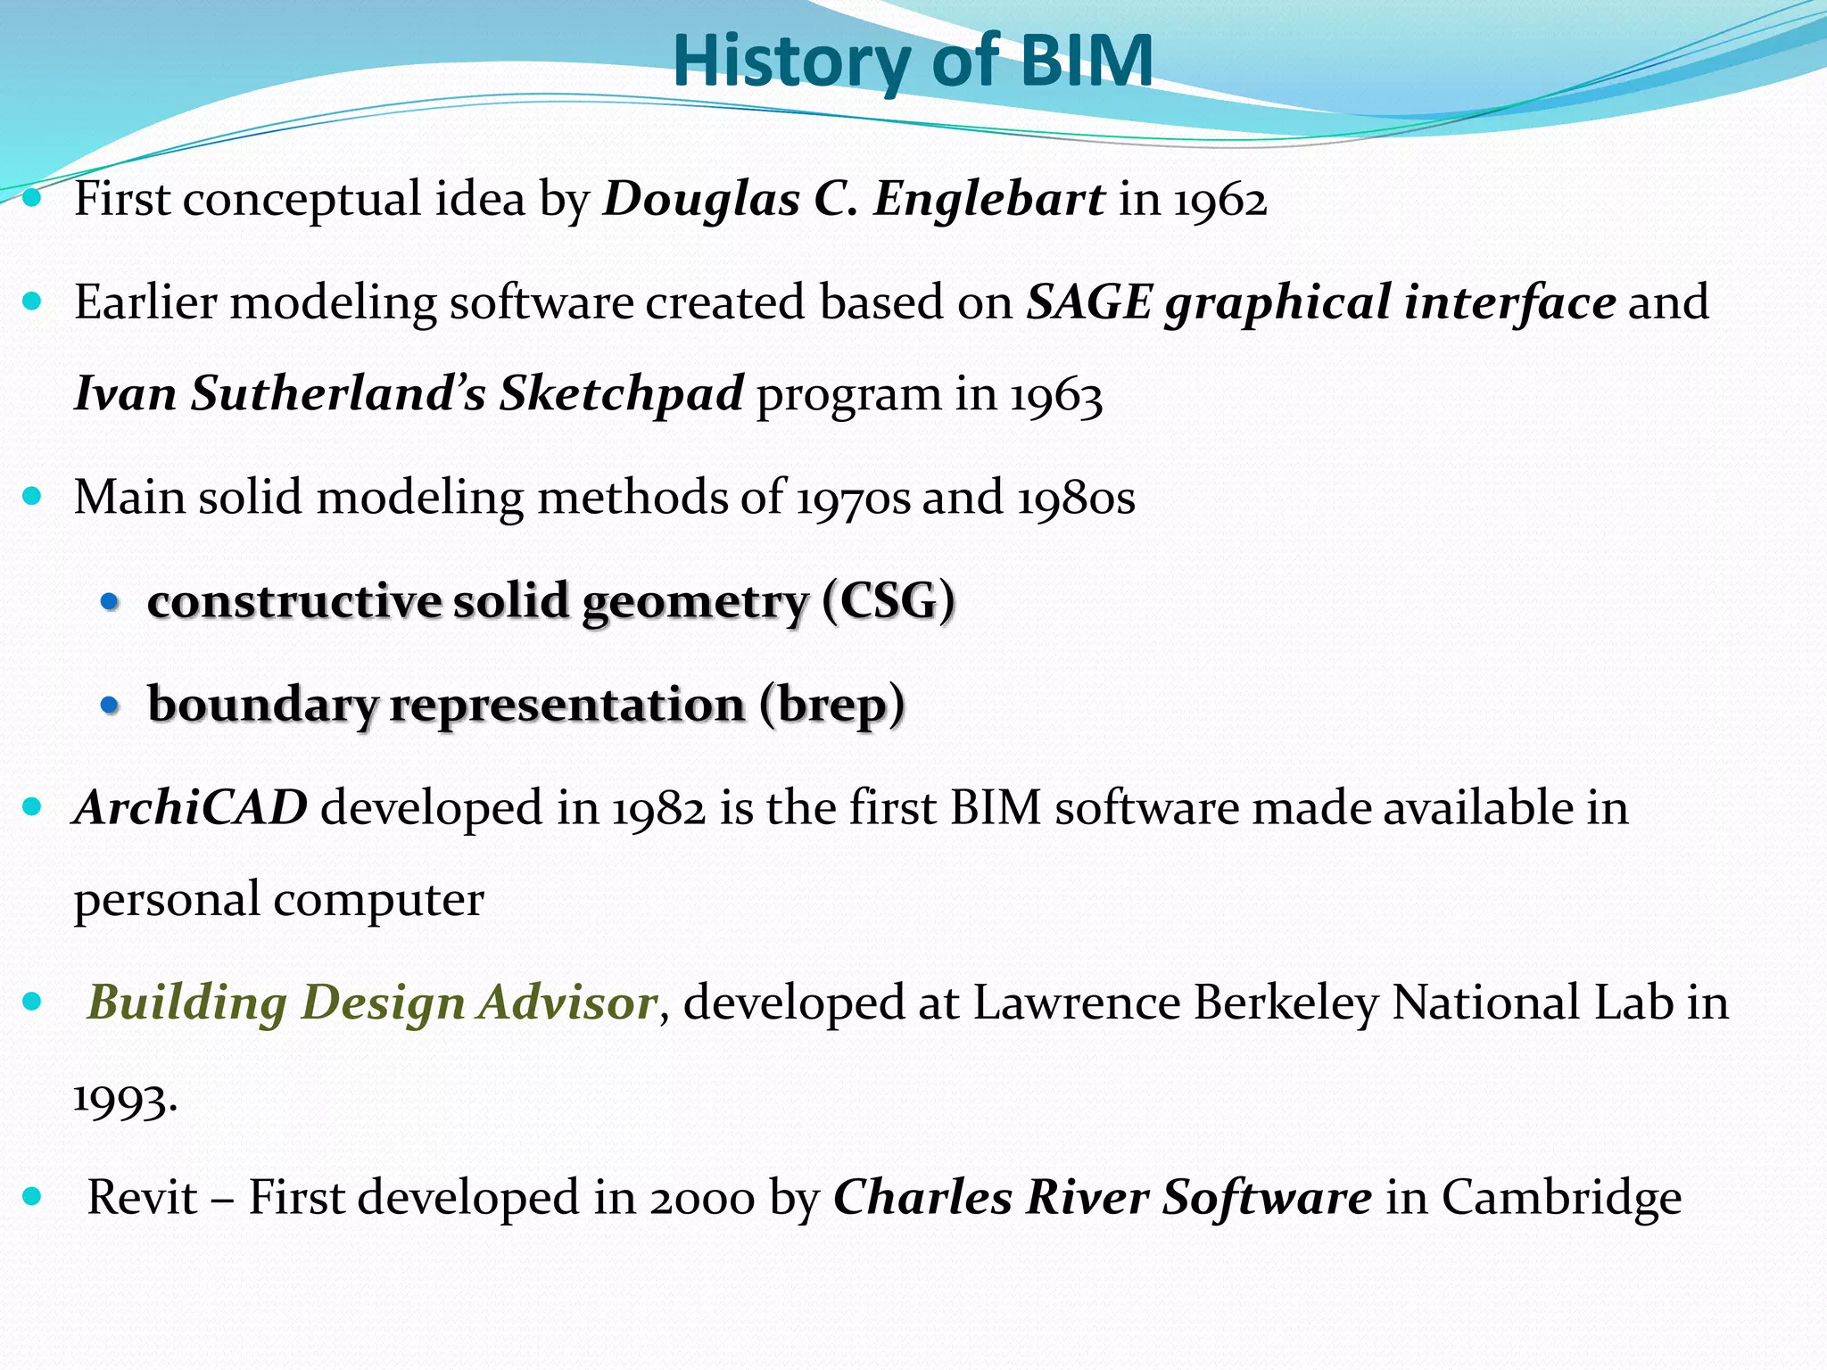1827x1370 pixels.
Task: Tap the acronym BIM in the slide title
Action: pos(1086,61)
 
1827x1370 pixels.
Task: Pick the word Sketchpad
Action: pos(621,393)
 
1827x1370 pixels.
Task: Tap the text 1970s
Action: pos(852,498)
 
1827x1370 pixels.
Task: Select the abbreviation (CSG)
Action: pos(889,600)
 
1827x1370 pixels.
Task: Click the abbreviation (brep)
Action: pos(832,705)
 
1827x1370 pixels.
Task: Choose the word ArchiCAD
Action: pos(191,807)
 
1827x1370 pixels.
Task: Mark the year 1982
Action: pos(658,808)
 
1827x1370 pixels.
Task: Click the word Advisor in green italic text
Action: pos(568,1003)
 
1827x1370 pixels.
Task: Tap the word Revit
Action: pos(142,1197)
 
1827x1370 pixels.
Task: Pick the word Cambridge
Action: pos(1561,1197)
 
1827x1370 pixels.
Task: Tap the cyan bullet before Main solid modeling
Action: pos(33,497)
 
